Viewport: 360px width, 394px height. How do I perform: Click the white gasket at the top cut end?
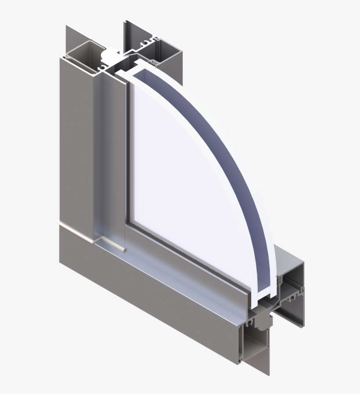tap(111, 54)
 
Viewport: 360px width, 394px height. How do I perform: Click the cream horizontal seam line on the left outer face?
tap(75, 228)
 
